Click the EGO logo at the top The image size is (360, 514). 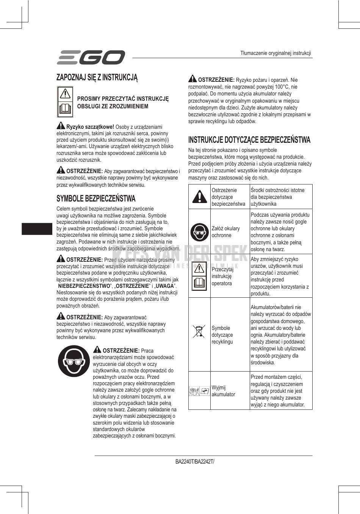coord(91,57)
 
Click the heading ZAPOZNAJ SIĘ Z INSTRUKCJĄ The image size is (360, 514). coord(97,77)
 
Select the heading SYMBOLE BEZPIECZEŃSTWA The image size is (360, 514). coord(96,198)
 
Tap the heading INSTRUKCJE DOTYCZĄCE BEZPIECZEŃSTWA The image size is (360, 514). coord(249,140)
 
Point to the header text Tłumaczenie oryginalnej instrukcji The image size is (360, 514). coord(275,53)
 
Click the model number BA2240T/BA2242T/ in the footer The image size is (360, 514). coord(195,462)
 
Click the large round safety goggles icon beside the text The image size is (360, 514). coord(74,362)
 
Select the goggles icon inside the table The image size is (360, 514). coord(199,232)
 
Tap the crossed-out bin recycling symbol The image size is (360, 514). coord(199,331)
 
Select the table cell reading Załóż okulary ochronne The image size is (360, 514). coord(226,232)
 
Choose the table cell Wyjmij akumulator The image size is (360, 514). coord(224,391)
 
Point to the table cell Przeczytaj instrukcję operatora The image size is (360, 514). coord(222,276)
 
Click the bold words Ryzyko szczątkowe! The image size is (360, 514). coord(90,127)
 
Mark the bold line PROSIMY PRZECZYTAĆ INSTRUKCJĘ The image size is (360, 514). coord(123,98)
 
